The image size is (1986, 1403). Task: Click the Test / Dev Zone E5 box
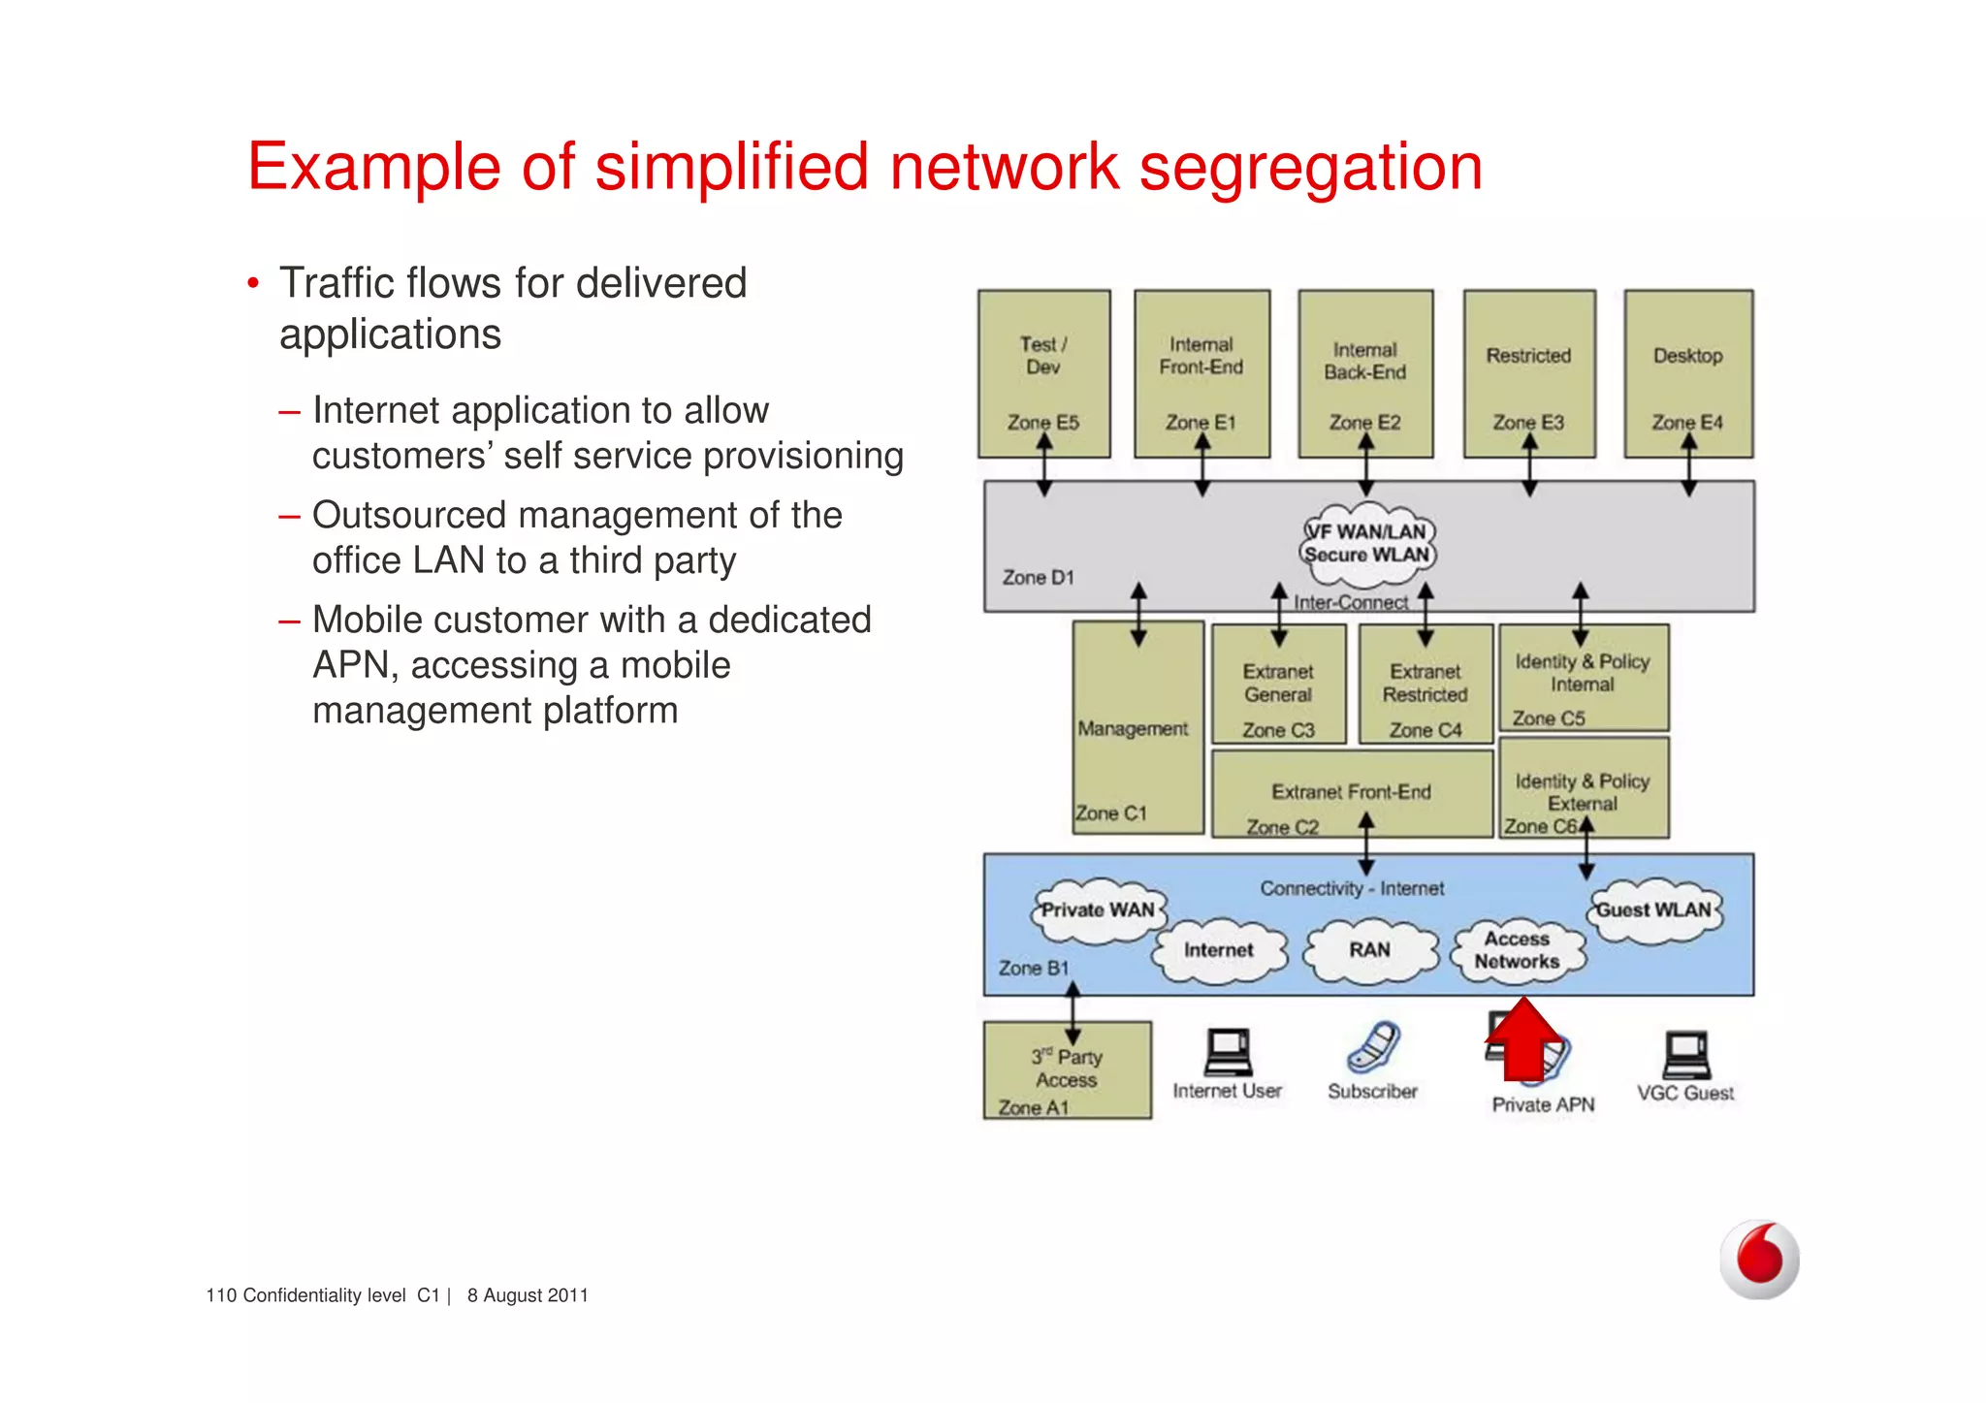click(1043, 373)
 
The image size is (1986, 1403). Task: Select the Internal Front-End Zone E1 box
click(1201, 373)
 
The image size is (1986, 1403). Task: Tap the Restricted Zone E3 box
click(1528, 373)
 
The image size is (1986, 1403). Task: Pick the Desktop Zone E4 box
click(1688, 373)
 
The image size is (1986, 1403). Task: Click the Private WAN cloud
click(1098, 911)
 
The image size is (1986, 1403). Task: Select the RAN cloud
click(1369, 951)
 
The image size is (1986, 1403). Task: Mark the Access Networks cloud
click(1518, 951)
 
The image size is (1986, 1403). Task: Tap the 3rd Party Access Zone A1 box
click(1067, 1070)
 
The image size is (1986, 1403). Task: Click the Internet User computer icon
click(1228, 1053)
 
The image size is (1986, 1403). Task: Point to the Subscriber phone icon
click(1372, 1048)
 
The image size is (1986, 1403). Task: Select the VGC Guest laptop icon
click(1685, 1056)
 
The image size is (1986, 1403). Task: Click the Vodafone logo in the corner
click(1759, 1260)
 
